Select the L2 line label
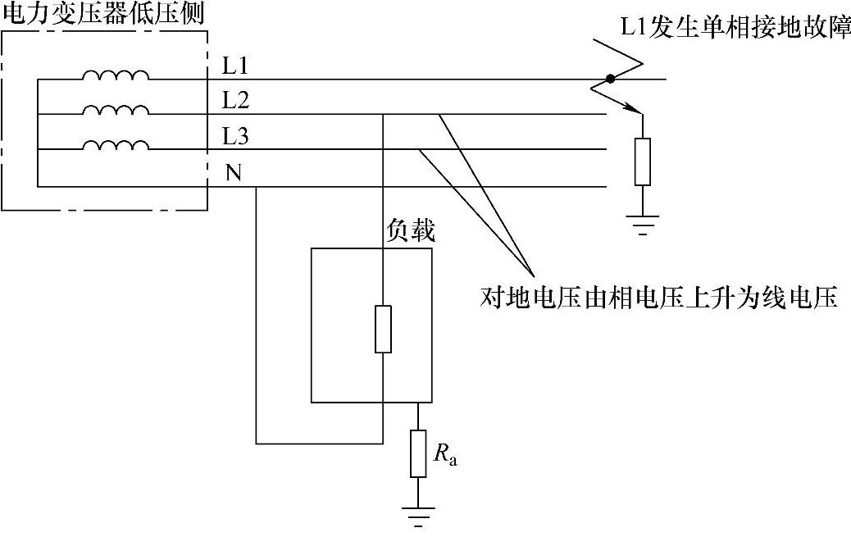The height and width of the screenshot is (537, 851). [235, 100]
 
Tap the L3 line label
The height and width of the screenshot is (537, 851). [235, 136]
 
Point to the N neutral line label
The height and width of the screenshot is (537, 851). [233, 173]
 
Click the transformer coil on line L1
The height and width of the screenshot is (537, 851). [116, 75]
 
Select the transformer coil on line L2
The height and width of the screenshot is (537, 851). [116, 111]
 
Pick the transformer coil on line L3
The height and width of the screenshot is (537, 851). [116, 145]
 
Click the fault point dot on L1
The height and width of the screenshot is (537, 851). [609, 80]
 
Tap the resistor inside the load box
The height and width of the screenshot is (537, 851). [383, 329]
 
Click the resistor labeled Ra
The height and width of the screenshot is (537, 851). [418, 453]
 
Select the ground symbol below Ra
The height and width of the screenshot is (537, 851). [418, 514]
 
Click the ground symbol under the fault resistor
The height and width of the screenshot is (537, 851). [642, 221]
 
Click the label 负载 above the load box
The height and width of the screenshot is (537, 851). [409, 232]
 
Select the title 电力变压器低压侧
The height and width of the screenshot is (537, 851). [102, 13]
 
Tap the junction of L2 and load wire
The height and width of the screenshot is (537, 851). [383, 115]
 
